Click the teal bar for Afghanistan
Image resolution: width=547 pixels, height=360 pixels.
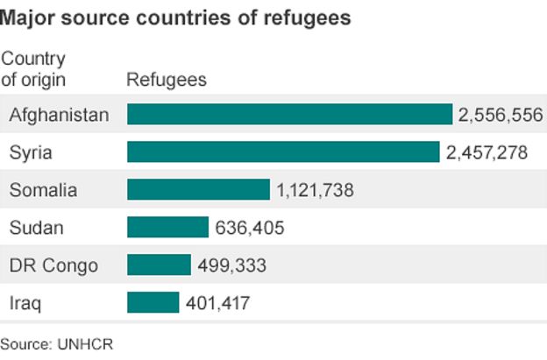point(289,115)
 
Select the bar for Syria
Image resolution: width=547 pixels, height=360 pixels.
point(283,152)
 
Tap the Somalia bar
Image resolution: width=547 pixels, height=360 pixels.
point(198,189)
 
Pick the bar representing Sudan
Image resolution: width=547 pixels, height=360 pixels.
point(167,227)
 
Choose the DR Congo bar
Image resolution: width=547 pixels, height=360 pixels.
point(159,265)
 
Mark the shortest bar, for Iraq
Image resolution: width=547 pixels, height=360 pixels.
point(153,302)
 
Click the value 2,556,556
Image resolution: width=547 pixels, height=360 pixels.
point(501,115)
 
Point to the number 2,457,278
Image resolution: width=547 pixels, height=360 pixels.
point(487,152)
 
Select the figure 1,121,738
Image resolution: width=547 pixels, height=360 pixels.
point(315,189)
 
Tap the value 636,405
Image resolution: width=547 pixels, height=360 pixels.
point(250,227)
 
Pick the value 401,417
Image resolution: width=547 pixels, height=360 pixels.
point(218,302)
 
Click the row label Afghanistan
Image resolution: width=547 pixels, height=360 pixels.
point(59,115)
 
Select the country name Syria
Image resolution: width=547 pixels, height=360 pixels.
point(31,152)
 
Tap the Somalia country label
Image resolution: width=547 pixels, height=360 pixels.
point(43,189)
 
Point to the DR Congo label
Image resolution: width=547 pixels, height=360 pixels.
point(53,265)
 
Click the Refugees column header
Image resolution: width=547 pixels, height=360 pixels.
point(167,80)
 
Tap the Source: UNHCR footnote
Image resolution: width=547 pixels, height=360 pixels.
point(57,344)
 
